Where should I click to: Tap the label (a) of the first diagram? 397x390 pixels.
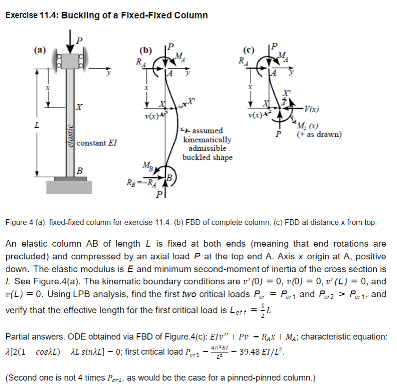click(40, 49)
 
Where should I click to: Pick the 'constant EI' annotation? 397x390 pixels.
click(97, 142)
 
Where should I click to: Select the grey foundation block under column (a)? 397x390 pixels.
click(69, 187)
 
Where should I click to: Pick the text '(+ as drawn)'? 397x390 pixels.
click(319, 134)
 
